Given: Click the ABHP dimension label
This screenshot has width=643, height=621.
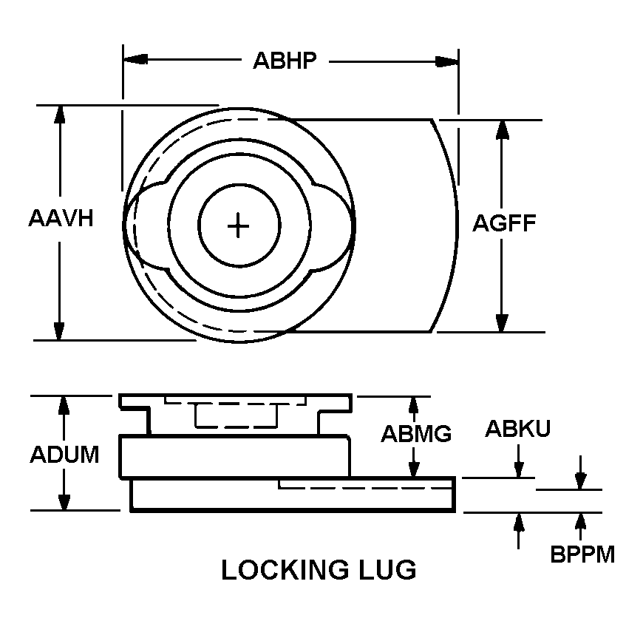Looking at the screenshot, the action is click(x=285, y=61).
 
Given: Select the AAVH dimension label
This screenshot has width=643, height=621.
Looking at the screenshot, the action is click(x=61, y=218).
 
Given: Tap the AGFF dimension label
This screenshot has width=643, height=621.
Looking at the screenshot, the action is click(x=504, y=223).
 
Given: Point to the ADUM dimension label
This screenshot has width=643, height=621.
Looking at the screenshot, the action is click(x=65, y=455).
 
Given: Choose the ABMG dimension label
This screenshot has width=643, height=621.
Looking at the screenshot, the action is click(x=416, y=433).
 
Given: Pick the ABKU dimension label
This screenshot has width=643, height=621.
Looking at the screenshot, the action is click(x=518, y=429).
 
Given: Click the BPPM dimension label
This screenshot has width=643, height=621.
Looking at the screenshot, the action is click(x=582, y=554).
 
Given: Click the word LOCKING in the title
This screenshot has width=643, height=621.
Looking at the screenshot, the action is click(x=285, y=570).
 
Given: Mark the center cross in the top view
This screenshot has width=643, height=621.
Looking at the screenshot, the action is click(x=238, y=225).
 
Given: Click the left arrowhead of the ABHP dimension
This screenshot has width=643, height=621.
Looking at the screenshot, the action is click(x=135, y=58).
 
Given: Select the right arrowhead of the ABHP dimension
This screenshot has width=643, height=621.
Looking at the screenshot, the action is click(x=446, y=61).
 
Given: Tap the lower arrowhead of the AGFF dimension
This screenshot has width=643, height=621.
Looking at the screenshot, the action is click(x=502, y=323).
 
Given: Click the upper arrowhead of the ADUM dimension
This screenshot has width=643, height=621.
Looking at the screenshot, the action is click(x=64, y=405).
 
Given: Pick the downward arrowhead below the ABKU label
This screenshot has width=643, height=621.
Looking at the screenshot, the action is click(x=519, y=469).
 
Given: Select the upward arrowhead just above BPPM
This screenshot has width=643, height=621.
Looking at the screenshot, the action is click(x=580, y=521).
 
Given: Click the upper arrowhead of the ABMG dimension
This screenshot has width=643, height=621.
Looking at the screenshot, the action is click(x=414, y=405).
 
